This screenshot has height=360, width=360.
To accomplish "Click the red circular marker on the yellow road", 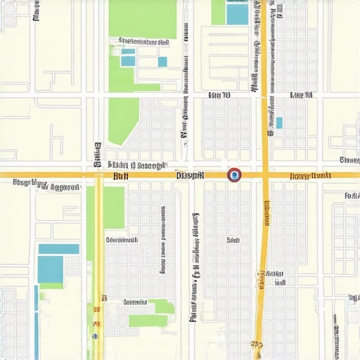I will (x=234, y=174).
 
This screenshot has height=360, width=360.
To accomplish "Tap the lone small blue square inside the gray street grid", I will (x=279, y=123).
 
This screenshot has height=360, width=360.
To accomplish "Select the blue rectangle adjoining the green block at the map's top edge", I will (x=238, y=13).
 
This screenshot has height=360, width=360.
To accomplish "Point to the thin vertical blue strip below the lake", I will (x=36, y=316).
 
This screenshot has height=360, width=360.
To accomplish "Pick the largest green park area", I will (x=142, y=19).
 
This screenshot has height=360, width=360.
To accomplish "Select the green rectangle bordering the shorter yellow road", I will (x=115, y=207).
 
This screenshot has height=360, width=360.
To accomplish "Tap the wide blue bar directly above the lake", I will (x=58, y=248).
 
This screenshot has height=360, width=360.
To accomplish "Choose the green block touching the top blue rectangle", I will (x=218, y=12).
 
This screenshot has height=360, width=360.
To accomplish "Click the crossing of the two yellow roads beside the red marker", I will (x=266, y=174).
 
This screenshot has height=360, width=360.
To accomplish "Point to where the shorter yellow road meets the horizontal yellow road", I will (x=99, y=174).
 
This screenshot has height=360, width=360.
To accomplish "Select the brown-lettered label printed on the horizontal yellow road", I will (x=310, y=175).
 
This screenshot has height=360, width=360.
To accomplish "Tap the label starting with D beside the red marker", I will (x=190, y=174).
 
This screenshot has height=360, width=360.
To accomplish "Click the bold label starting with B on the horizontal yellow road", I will (x=120, y=176).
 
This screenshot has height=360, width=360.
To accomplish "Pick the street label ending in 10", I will (x=219, y=94).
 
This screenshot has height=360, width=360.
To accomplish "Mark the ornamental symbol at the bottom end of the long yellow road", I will (x=257, y=345).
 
